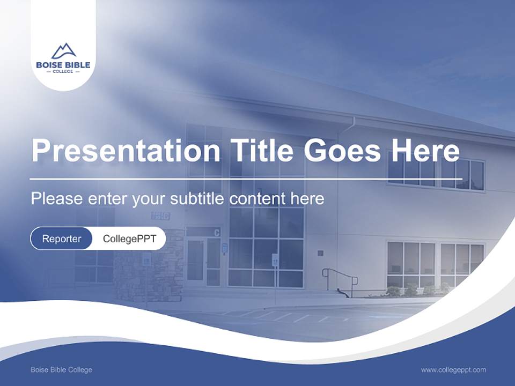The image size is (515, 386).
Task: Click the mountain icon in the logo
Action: [63, 51]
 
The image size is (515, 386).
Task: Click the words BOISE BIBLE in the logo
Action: [63, 65]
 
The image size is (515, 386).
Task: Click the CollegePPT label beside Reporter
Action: [129, 239]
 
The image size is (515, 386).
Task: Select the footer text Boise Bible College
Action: [61, 369]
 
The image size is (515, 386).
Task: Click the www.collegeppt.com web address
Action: [453, 369]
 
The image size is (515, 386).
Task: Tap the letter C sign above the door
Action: [217, 232]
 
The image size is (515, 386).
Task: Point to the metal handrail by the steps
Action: [340, 279]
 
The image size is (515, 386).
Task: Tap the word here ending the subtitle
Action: [307, 199]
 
